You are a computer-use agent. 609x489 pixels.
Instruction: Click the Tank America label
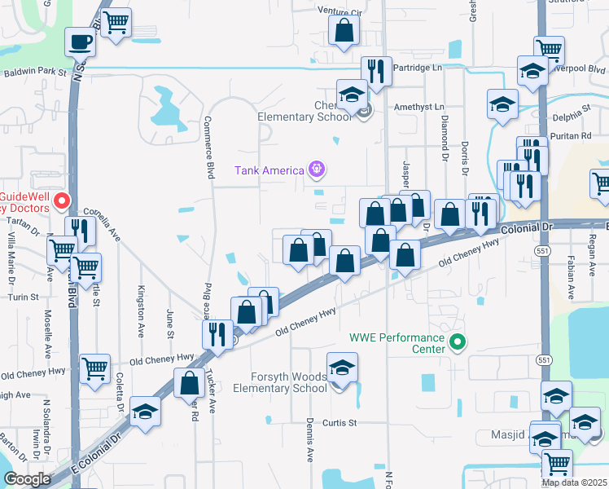269,170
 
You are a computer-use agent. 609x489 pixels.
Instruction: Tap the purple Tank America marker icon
317,170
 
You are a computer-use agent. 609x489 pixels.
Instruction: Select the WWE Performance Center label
397,343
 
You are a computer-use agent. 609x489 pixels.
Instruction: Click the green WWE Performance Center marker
458,342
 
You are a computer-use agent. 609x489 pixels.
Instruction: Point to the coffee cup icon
81,41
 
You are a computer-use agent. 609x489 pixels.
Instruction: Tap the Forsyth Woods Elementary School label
279,382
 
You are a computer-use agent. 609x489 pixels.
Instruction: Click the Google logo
27,479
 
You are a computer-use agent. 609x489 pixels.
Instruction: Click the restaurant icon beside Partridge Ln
375,71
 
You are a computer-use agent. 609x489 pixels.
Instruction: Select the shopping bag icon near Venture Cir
344,30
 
